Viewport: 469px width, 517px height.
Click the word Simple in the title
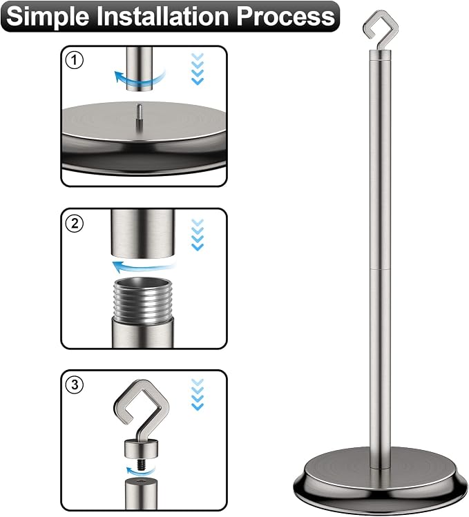(47, 17)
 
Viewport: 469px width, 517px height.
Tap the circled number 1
(75, 60)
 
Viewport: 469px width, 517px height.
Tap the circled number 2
(75, 223)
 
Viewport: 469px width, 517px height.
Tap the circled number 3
(75, 384)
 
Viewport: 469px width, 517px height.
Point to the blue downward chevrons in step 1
(198, 68)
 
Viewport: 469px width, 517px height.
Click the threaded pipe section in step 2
(142, 298)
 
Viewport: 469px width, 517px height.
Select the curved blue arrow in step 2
(144, 266)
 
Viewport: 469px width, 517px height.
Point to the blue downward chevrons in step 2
(198, 235)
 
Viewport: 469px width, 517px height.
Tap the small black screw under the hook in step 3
(142, 463)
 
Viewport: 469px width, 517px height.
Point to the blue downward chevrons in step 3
(198, 394)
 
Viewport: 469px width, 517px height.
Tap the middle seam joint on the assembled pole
(380, 269)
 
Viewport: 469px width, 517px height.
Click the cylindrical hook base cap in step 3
(142, 449)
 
